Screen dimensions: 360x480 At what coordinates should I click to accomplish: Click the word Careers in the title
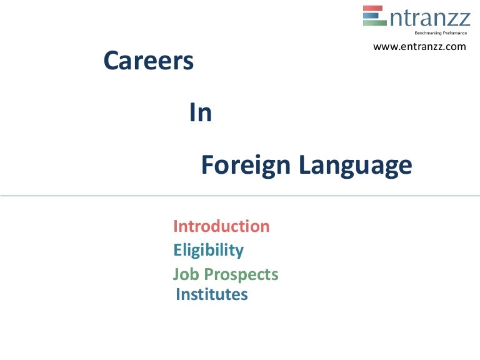pos(148,61)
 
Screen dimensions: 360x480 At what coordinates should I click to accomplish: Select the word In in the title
pos(201,113)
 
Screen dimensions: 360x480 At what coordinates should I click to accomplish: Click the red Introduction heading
pos(221,226)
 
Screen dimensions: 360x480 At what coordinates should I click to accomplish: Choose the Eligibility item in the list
pos(208,251)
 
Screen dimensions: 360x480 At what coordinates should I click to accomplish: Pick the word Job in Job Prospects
pos(184,274)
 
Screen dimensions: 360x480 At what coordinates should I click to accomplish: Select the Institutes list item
pos(212,294)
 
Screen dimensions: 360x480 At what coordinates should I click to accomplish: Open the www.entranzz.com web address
pos(419,47)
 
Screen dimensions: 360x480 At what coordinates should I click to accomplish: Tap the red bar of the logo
pos(374,8)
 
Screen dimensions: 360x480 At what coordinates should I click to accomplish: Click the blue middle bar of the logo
pos(373,16)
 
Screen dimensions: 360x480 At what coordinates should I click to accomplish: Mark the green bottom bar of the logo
pos(374,23)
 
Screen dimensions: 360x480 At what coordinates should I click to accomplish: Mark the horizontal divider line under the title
pos(240,196)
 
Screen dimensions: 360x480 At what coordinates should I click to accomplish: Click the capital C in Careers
pos(112,61)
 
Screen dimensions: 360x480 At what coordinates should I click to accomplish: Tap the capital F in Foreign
pos(207,166)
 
